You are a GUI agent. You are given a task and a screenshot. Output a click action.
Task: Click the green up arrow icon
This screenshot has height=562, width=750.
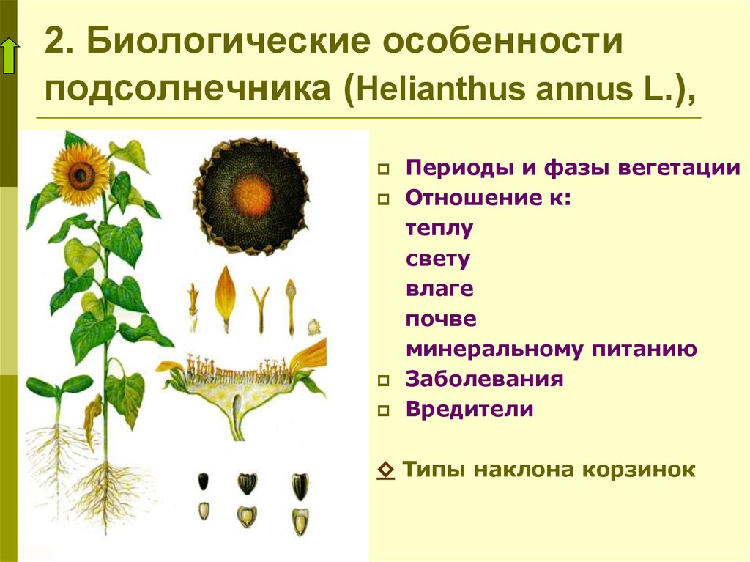[10, 56]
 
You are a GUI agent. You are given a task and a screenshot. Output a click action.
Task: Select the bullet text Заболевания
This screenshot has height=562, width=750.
[484, 379]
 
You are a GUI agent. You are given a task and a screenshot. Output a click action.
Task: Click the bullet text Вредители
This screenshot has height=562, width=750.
[469, 410]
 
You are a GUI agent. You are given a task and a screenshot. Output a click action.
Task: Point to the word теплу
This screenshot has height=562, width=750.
[439, 229]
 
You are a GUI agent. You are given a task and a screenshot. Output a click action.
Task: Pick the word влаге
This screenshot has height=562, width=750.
[439, 289]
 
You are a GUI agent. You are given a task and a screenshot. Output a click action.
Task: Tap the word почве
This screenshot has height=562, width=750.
[441, 319]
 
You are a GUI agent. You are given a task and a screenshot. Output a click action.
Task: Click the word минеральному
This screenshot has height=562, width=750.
[495, 350]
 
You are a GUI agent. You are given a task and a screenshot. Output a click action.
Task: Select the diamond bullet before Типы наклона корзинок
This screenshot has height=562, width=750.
[385, 470]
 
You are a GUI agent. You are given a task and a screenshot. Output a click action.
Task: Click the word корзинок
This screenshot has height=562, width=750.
[639, 470]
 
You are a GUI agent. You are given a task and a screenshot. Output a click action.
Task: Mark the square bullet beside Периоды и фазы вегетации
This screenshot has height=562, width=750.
[384, 169]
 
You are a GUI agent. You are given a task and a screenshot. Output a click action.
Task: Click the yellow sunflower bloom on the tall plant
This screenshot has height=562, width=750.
[81, 174]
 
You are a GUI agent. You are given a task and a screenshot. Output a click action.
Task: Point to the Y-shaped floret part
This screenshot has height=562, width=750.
[261, 308]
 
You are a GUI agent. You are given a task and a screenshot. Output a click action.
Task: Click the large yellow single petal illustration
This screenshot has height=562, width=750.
[225, 297]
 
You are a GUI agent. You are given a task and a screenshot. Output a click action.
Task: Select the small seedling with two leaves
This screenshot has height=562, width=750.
[58, 393]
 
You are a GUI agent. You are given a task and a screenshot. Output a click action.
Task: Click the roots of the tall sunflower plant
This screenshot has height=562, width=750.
[108, 493]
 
